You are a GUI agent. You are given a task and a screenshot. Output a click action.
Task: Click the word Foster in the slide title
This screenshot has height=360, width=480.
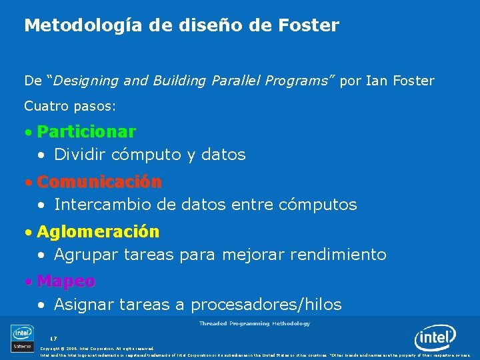pos(311,26)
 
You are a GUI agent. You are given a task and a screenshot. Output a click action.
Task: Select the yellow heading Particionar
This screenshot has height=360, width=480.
pos(86,131)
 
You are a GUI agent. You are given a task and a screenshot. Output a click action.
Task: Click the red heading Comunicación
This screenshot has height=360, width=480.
pos(99,181)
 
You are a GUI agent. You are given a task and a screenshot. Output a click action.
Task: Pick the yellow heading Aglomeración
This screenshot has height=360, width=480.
pos(98,231)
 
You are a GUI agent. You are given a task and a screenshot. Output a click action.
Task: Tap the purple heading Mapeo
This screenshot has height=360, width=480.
pos(66,281)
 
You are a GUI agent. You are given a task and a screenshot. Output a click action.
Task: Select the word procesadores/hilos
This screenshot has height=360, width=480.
pos(266,305)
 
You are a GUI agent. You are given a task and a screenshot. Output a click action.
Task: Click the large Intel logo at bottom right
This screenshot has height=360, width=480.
pos(435,339)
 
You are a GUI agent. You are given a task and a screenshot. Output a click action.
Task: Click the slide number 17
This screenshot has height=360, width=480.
pos(53,339)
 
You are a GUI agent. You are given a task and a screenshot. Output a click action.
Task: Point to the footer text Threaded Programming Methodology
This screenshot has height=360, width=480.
pos(254,323)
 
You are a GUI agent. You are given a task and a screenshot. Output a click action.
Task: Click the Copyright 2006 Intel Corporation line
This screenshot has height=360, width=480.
pos(97,348)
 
